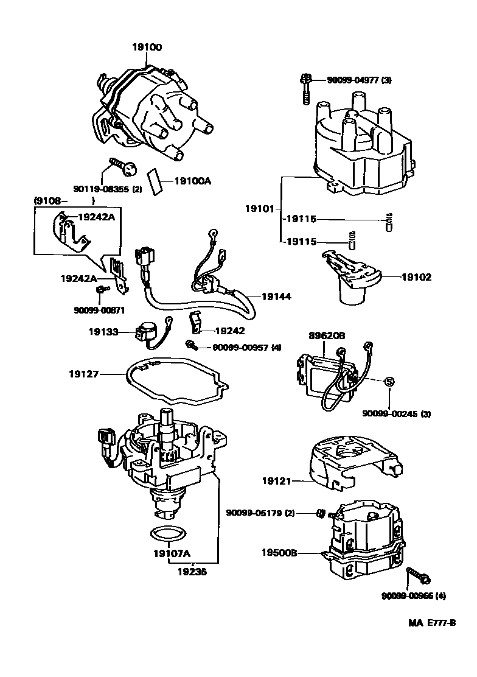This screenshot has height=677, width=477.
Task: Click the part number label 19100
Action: (147, 47)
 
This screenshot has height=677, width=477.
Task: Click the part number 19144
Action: (276, 296)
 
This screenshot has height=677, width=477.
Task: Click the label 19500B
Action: (279, 553)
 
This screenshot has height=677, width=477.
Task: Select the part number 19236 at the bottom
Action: (193, 572)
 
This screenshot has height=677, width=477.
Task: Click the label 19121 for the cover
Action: (278, 481)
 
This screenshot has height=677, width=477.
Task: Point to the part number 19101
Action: (261, 209)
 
